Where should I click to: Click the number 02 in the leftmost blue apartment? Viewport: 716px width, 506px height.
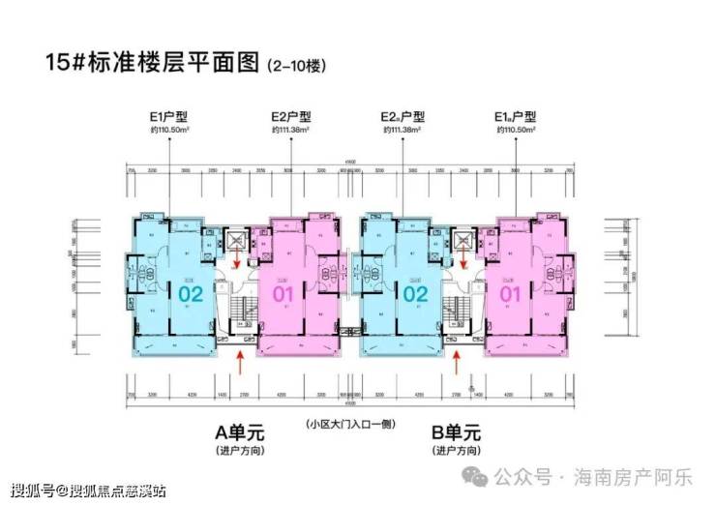[x=190, y=293]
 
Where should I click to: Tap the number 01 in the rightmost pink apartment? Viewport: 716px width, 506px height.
[x=510, y=293]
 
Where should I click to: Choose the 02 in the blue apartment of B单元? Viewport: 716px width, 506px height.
[x=415, y=293]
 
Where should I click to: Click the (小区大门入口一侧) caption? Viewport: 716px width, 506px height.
[x=349, y=426]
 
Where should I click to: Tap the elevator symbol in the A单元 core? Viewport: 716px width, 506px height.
[x=235, y=238]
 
